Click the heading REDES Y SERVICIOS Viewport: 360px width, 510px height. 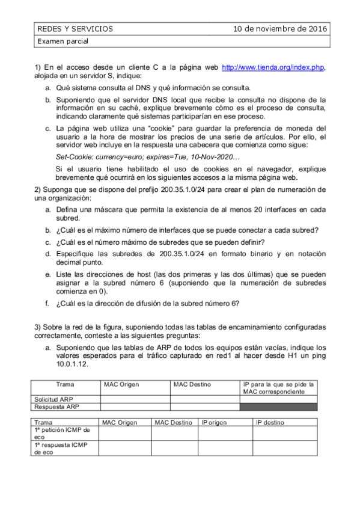pos(75,28)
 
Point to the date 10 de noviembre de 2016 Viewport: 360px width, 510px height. pos(280,28)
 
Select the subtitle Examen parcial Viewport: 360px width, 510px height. pos(63,41)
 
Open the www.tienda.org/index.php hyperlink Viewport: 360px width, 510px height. pos(273,68)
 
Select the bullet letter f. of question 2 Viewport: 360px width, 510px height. pos(48,303)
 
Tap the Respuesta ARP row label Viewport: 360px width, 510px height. pos(50,407)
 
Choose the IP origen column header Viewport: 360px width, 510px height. pos(215,422)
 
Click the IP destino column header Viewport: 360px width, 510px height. pos(270,422)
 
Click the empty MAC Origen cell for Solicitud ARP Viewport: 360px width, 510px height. pos(135,399)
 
